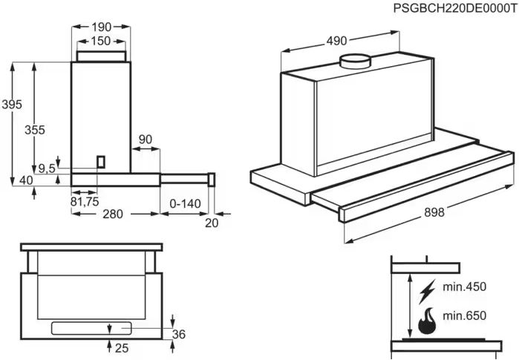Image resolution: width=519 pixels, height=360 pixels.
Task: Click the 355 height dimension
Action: (35, 130)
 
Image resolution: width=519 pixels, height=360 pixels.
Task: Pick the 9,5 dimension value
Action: (47, 168)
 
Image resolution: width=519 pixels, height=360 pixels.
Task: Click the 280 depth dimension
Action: (113, 215)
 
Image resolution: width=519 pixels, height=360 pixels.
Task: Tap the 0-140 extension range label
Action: (186, 203)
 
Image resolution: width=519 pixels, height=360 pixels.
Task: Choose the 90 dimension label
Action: (146, 140)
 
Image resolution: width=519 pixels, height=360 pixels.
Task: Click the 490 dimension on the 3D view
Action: (337, 42)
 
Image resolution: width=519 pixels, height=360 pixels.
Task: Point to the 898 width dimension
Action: (434, 213)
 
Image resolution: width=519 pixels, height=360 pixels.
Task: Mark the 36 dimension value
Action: (178, 335)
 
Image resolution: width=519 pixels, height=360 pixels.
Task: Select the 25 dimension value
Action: (123, 349)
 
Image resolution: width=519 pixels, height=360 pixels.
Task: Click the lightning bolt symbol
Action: (426, 290)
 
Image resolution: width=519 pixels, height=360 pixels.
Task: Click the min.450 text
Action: (465, 287)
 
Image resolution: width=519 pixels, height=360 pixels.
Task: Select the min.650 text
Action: (465, 315)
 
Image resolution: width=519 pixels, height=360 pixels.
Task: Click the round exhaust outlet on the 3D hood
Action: (354, 62)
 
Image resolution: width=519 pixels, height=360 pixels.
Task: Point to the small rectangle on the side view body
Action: (101, 161)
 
